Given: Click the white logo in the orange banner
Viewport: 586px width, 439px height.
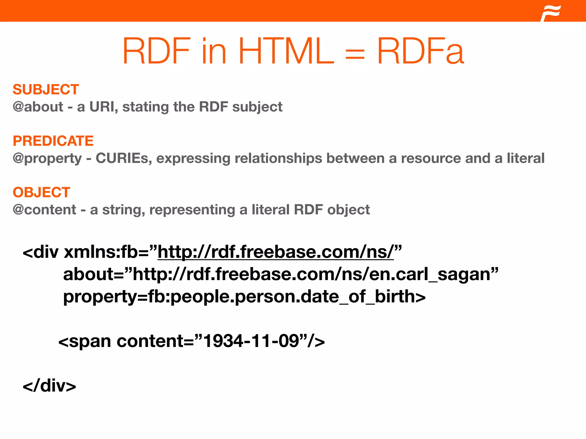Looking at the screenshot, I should (x=551, y=13).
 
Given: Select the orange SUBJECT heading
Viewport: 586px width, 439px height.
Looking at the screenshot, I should (x=46, y=89).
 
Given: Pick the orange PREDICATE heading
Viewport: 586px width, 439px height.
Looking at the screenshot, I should (x=53, y=141).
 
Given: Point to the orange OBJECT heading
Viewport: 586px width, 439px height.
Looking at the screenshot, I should (x=41, y=192).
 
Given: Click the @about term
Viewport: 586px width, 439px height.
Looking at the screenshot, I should (x=38, y=107).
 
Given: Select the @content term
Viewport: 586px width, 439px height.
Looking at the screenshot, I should (x=44, y=210).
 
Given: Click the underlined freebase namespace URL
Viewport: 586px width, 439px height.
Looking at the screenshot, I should (x=276, y=252).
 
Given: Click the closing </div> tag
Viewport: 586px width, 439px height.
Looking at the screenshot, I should (x=49, y=386).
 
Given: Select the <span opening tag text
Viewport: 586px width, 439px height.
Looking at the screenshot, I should (x=85, y=341).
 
